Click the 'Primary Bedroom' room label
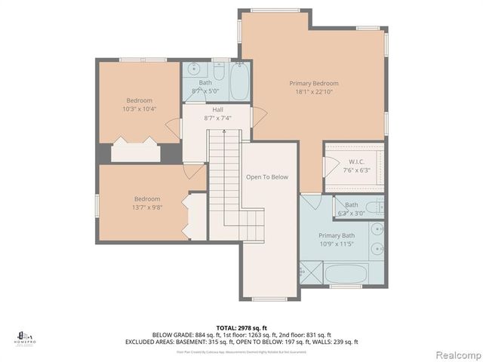pos(313,84)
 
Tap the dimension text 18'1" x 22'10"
pos(313,93)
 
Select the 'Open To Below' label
pos(267,177)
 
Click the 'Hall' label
pos(217,110)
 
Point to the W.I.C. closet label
pos(357,161)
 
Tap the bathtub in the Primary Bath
pos(346,273)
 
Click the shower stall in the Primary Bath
pos(310,271)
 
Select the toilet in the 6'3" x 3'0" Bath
pos(374,207)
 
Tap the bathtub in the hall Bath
pos(239,81)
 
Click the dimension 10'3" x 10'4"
pos(139,109)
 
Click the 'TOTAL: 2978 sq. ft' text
pos(241,327)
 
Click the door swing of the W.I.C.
pos(329,167)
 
